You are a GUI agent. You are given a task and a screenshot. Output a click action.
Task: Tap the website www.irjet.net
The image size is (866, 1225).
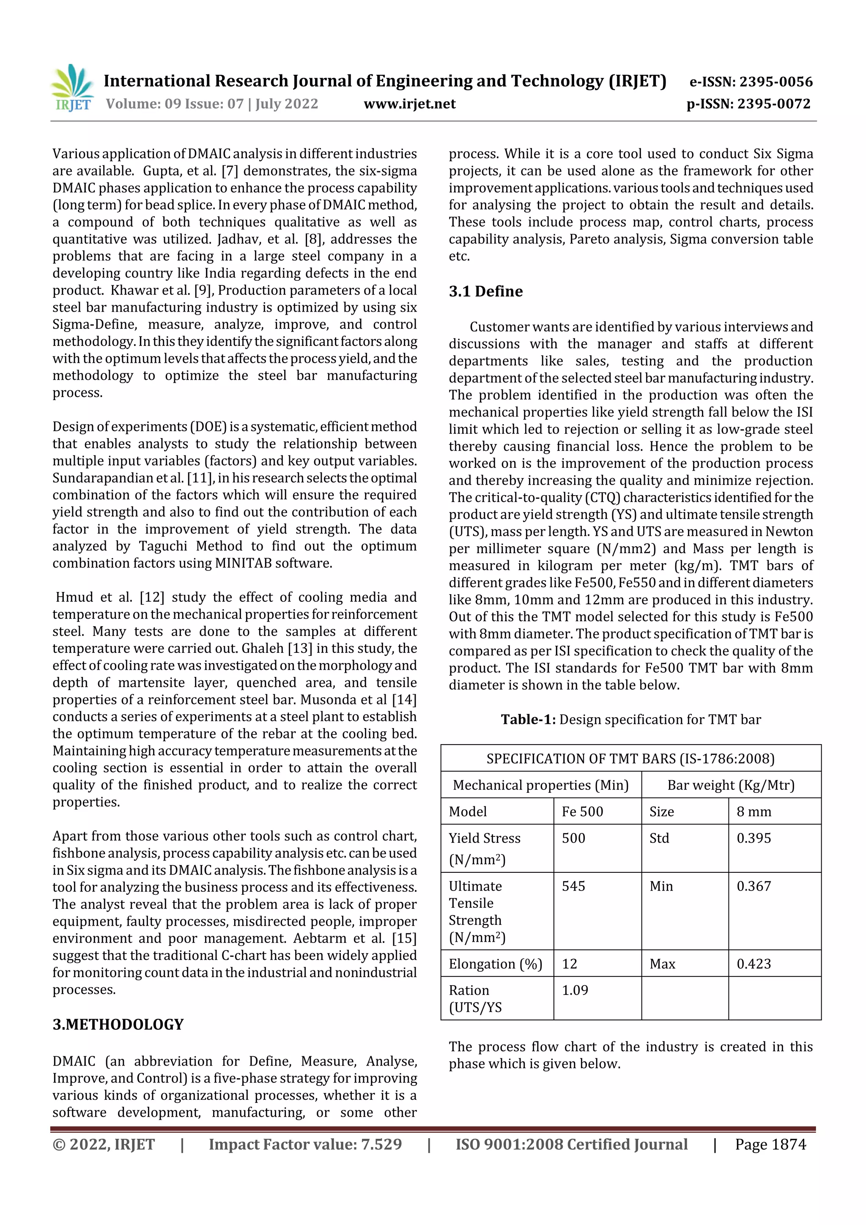point(409,104)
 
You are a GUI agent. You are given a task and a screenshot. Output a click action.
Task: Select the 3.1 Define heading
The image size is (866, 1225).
point(485,291)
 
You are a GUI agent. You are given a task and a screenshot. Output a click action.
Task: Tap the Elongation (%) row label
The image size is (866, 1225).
point(495,964)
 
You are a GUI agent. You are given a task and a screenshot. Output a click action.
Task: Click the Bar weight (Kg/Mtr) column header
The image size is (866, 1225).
point(730,785)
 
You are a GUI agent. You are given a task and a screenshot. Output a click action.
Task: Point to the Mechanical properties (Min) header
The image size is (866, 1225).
point(540,785)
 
